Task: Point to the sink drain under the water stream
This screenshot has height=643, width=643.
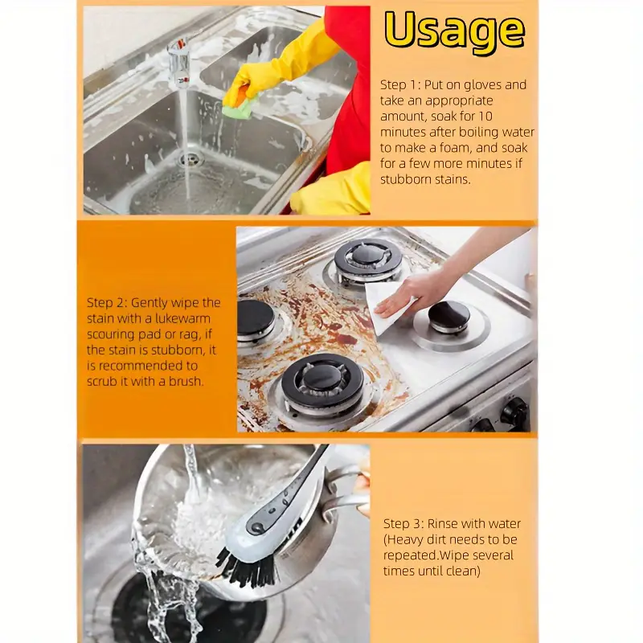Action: [x=190, y=159]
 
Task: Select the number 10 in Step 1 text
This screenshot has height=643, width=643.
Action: [x=485, y=117]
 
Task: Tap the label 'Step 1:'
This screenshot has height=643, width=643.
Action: [x=399, y=85]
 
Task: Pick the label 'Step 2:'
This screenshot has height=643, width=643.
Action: [x=107, y=303]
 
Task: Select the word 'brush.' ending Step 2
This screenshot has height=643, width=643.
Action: [x=186, y=381]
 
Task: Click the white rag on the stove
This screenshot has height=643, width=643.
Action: [x=386, y=307]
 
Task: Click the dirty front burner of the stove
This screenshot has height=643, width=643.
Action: [x=323, y=381]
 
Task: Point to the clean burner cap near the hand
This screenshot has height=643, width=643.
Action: [x=449, y=315]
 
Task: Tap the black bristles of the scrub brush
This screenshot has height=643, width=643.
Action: [x=246, y=567]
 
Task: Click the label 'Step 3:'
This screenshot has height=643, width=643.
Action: [x=403, y=524]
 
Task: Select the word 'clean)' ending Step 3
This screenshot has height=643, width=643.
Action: [x=461, y=571]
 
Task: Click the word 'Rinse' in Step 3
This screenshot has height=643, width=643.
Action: [x=442, y=524]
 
